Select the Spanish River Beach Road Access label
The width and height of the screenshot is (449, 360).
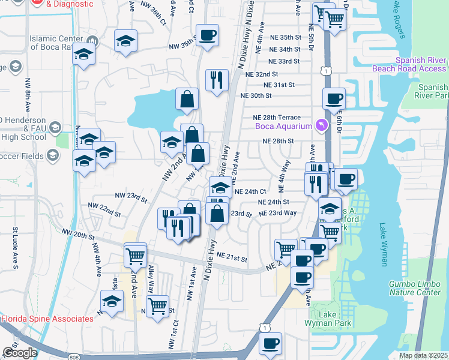click(421, 64)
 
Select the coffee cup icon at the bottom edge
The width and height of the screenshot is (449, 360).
click(271, 344)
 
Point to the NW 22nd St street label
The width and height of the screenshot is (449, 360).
click(104, 209)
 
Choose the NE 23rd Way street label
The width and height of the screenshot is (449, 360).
click(277, 213)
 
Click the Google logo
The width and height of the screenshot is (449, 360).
click(19, 353)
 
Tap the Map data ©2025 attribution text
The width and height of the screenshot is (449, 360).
click(423, 355)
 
